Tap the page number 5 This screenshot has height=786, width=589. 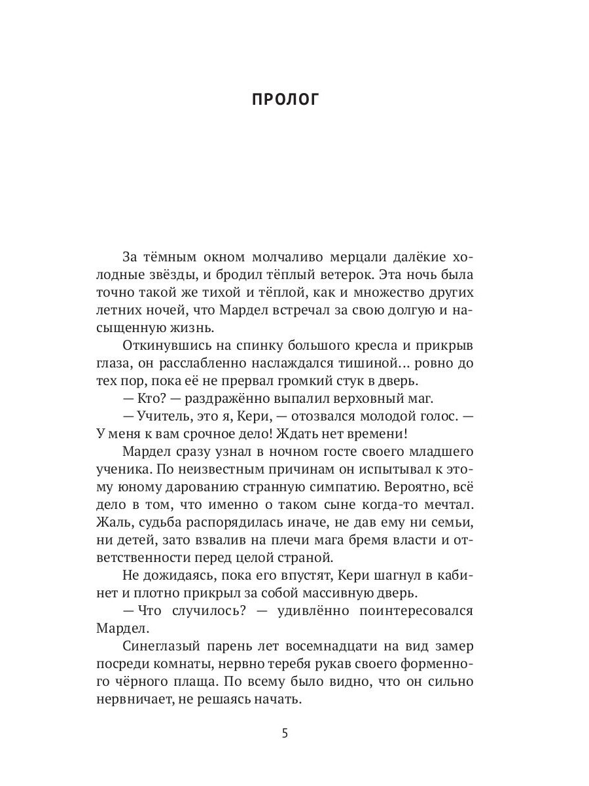285,732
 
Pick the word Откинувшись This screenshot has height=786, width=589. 162,345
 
